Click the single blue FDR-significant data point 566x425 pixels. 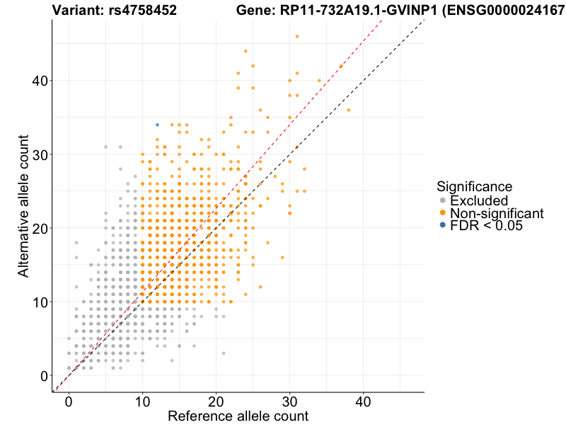pyautogui.click(x=157, y=125)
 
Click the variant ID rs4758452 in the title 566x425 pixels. pyautogui.click(x=140, y=10)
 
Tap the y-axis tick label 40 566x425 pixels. pyautogui.click(x=40, y=81)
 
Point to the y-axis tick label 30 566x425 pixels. pyautogui.click(x=40, y=154)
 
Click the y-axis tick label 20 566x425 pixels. pyautogui.click(x=40, y=228)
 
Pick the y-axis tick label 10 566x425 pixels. pyautogui.click(x=40, y=302)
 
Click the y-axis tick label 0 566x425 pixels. pyautogui.click(x=44, y=375)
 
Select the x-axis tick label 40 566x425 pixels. pyautogui.click(x=363, y=401)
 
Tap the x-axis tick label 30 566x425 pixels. pyautogui.click(x=289, y=401)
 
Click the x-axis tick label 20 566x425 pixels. pyautogui.click(x=216, y=401)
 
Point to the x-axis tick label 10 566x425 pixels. pyautogui.click(x=142, y=401)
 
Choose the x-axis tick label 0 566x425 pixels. pyautogui.click(x=69, y=401)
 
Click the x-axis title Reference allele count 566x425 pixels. pyautogui.click(x=238, y=416)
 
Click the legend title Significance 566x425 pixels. pyautogui.click(x=474, y=187)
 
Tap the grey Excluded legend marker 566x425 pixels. pyautogui.click(x=443, y=201)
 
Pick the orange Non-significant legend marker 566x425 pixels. pyautogui.click(x=443, y=213)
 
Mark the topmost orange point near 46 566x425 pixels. pyautogui.click(x=297, y=36)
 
